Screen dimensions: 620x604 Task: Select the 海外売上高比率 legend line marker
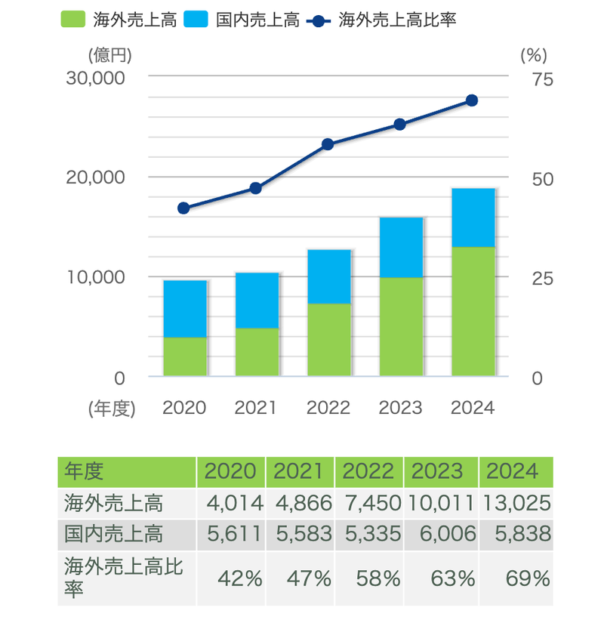[x=322, y=19]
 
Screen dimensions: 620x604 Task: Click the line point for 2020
[x=183, y=208]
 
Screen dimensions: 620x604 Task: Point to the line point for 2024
[x=472, y=100]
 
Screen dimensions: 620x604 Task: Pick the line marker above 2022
[x=328, y=144]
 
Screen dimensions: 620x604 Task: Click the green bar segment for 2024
[x=473, y=311]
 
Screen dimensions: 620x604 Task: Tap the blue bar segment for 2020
[x=185, y=309]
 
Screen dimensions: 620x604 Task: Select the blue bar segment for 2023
[x=401, y=248]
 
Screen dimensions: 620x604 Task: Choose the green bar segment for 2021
[x=257, y=352]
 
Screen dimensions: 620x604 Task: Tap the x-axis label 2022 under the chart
[x=328, y=408]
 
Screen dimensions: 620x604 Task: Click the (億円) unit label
[x=110, y=55]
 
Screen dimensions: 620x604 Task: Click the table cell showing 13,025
[x=516, y=503]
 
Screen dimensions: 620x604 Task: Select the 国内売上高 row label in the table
[x=113, y=535]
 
